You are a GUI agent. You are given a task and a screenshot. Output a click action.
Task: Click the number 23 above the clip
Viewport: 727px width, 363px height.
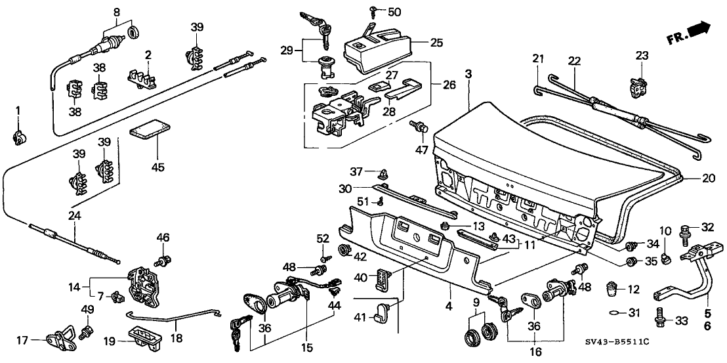641,56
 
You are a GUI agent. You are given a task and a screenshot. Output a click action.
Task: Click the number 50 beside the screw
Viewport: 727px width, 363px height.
394,12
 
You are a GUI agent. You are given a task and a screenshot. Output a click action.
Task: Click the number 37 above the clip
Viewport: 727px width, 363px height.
356,172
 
